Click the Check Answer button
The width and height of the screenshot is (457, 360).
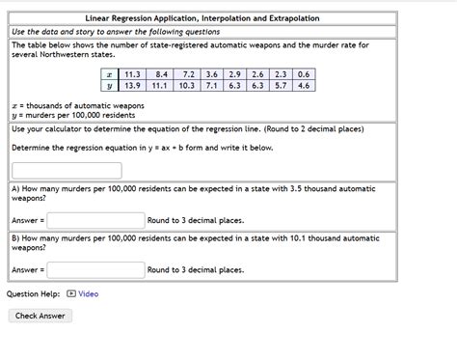[x=40, y=316]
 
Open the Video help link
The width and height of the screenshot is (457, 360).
[x=88, y=293]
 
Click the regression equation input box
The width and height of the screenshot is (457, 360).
[x=53, y=170]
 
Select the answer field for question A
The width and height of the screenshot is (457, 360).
[x=96, y=220]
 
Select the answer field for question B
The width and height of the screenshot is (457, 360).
[x=96, y=270]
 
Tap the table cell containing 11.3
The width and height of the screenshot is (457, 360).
[x=132, y=74]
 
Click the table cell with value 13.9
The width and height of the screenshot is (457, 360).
[x=132, y=86]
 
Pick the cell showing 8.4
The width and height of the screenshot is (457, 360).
[x=162, y=74]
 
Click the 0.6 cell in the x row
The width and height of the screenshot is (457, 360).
[x=304, y=74]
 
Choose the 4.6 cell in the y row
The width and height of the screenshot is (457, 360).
[x=304, y=86]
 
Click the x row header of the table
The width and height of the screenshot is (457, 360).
[x=110, y=74]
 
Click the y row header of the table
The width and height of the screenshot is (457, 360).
[x=110, y=86]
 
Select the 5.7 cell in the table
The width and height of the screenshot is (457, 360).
[x=281, y=86]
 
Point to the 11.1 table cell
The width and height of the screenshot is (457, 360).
[x=162, y=86]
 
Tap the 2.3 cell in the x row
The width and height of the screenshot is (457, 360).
[x=281, y=74]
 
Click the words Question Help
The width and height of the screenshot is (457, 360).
[x=33, y=293]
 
